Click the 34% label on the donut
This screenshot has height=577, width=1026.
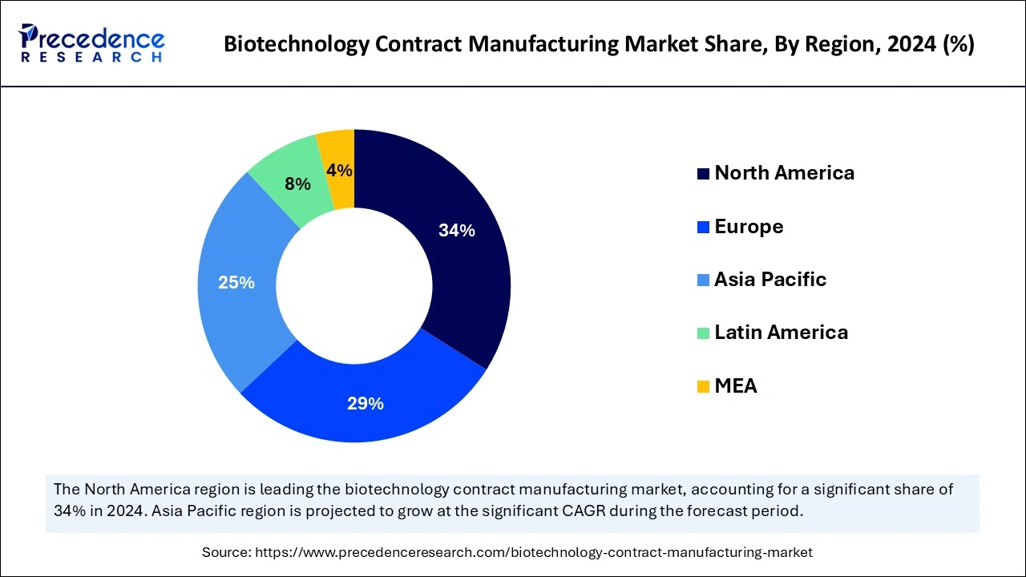456,231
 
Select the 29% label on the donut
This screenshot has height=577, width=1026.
365,404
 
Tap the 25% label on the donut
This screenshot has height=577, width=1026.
236,283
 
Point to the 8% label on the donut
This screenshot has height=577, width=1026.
297,184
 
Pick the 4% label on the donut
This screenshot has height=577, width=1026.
340,170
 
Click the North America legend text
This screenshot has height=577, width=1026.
784,173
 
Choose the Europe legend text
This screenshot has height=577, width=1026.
749,227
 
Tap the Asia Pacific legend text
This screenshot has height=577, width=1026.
770,280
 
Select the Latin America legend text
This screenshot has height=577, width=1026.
781,333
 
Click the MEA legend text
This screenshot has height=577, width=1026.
736,386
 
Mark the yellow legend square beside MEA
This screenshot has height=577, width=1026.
703,387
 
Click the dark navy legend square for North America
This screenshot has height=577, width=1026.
703,174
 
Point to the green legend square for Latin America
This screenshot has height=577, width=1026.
703,333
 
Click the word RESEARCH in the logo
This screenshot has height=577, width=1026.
91,58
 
